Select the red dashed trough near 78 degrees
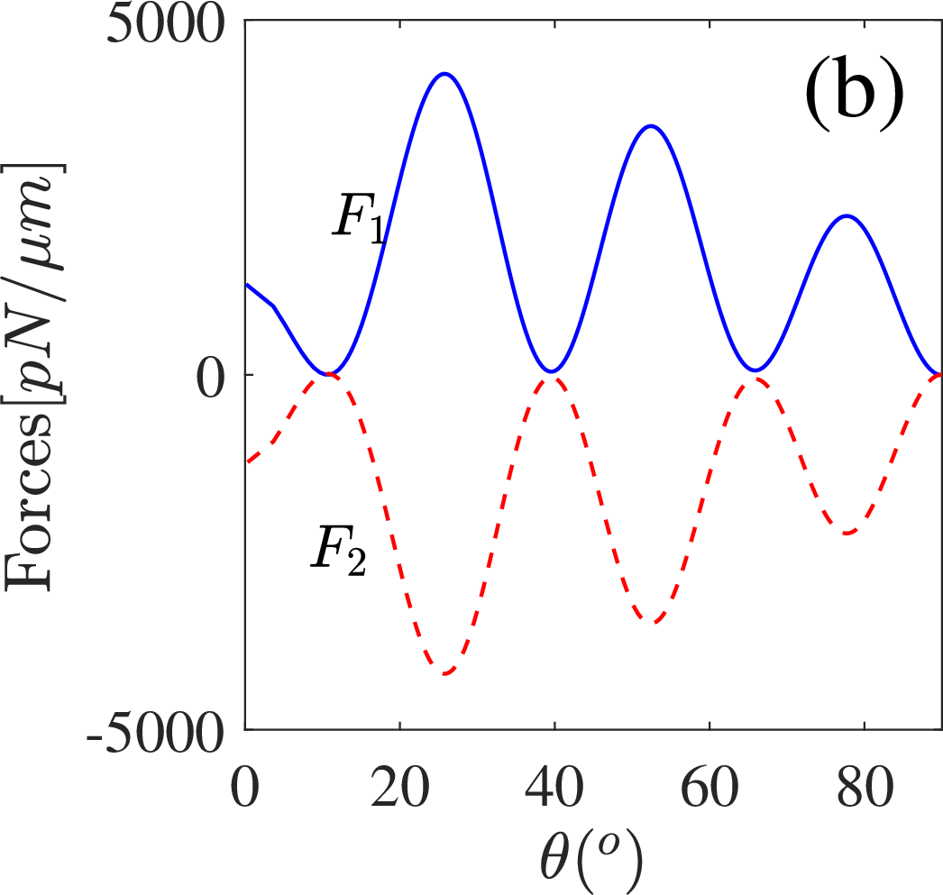pyautogui.click(x=847, y=534)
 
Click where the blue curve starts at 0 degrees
pyautogui.click(x=246, y=284)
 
